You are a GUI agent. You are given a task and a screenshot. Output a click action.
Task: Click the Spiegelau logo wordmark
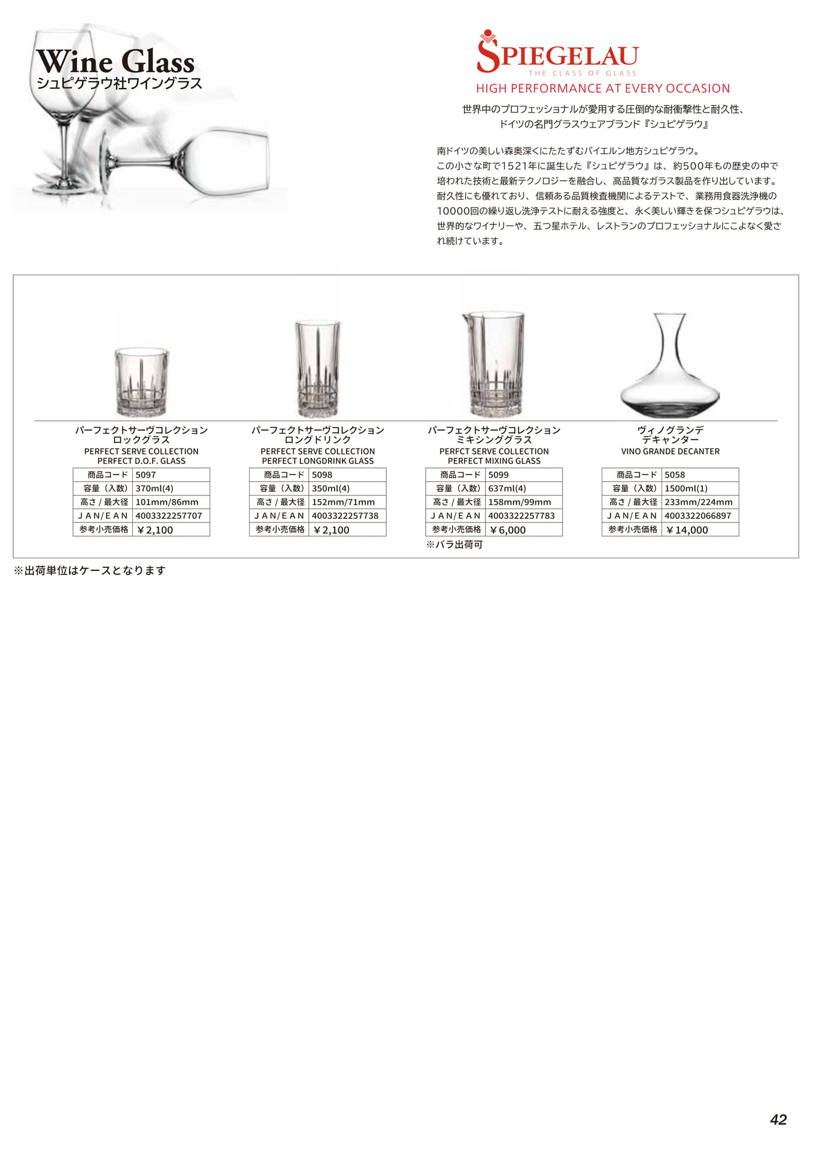[x=558, y=55]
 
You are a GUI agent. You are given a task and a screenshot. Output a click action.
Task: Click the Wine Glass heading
[x=116, y=62]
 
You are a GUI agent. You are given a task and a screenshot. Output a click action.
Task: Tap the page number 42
[x=778, y=1119]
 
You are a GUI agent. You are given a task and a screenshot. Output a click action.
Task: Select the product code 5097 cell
[x=171, y=475]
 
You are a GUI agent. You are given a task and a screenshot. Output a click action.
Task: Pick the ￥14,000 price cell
[x=699, y=530]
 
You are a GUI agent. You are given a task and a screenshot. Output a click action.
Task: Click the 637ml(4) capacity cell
[x=523, y=488]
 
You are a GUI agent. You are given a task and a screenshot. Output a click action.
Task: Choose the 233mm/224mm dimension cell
[x=699, y=502]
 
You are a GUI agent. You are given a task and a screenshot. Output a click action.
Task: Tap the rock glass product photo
[x=141, y=382]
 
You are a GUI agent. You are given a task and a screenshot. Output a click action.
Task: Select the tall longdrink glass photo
[x=317, y=369]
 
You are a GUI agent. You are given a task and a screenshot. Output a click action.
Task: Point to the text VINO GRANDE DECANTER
[x=670, y=451]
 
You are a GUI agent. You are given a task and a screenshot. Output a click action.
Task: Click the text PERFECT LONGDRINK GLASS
[x=317, y=461]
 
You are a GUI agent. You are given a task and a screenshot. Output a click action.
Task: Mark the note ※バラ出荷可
[x=454, y=545]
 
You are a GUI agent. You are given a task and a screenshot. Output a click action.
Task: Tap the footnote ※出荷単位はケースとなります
[x=89, y=570]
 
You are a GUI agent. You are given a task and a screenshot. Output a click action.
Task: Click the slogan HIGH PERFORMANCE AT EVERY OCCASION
[x=602, y=89]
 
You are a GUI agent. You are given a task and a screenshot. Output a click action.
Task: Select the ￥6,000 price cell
[x=523, y=530]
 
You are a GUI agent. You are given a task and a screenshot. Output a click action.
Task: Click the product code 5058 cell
[x=699, y=475]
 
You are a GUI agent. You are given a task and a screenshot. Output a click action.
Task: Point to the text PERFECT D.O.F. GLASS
[x=141, y=461]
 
